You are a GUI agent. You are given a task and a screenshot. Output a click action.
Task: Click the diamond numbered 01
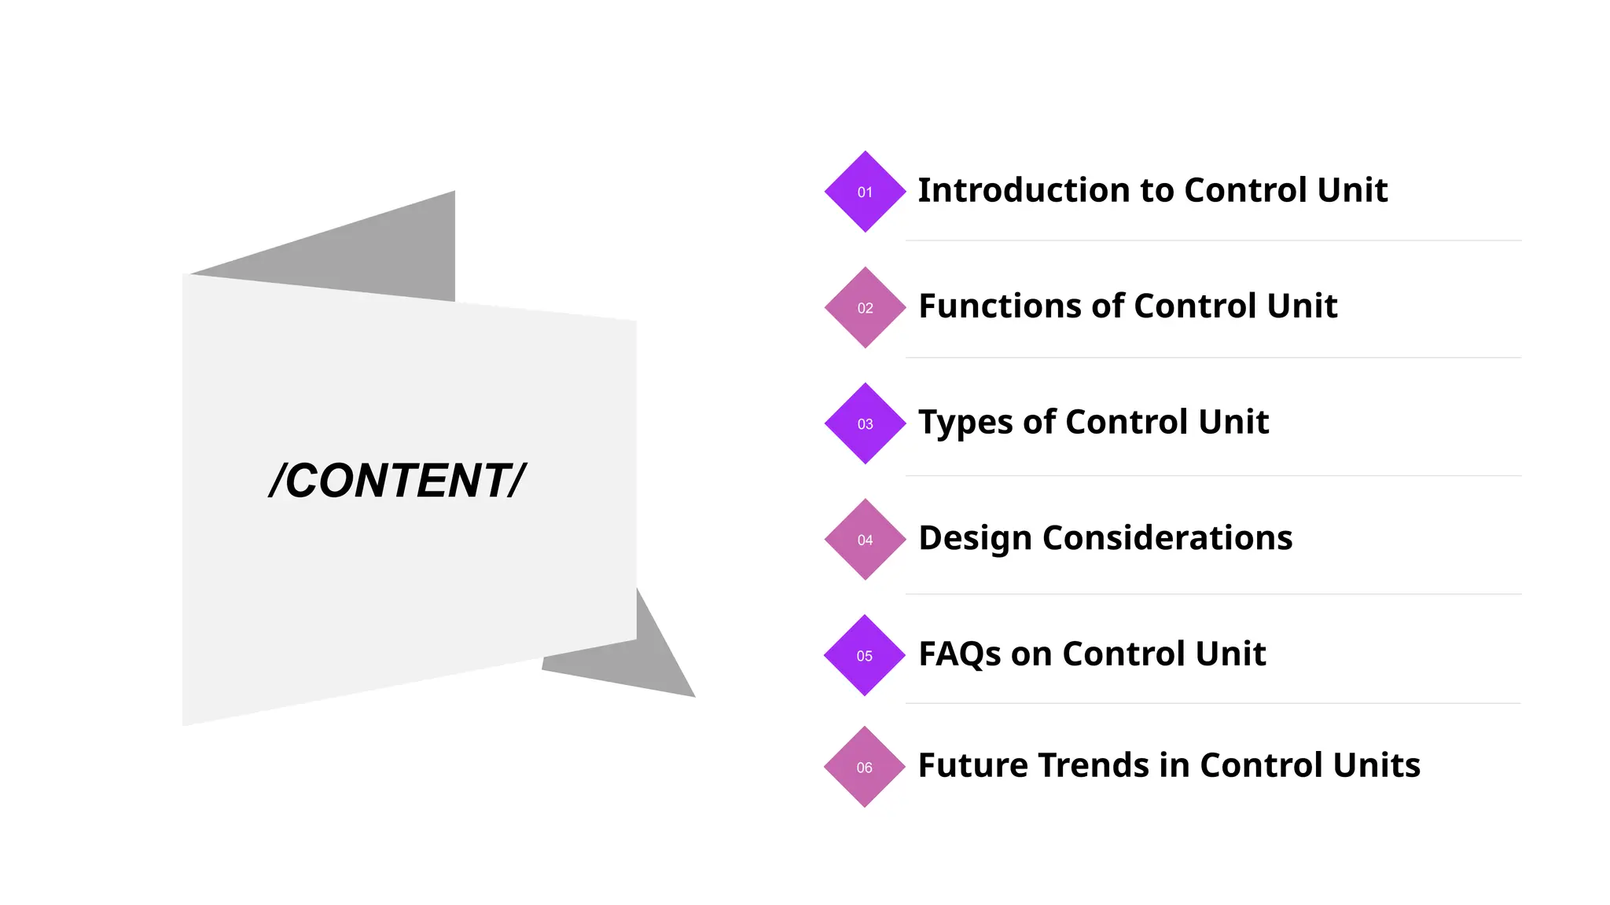(865, 192)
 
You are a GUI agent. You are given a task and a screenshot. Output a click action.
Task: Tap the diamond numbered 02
(865, 308)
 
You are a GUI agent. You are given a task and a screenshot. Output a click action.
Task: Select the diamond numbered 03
(865, 423)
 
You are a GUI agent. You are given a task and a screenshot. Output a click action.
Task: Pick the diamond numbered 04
(865, 540)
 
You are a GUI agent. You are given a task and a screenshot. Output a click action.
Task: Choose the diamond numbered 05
(865, 655)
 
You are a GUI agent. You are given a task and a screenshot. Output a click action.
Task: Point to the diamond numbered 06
(865, 767)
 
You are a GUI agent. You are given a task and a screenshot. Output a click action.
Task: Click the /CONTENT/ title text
(397, 480)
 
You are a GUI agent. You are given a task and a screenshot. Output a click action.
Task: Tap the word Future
(972, 765)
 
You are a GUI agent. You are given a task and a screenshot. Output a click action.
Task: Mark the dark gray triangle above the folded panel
(377, 251)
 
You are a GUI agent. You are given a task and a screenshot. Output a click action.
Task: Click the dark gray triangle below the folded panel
(637, 660)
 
